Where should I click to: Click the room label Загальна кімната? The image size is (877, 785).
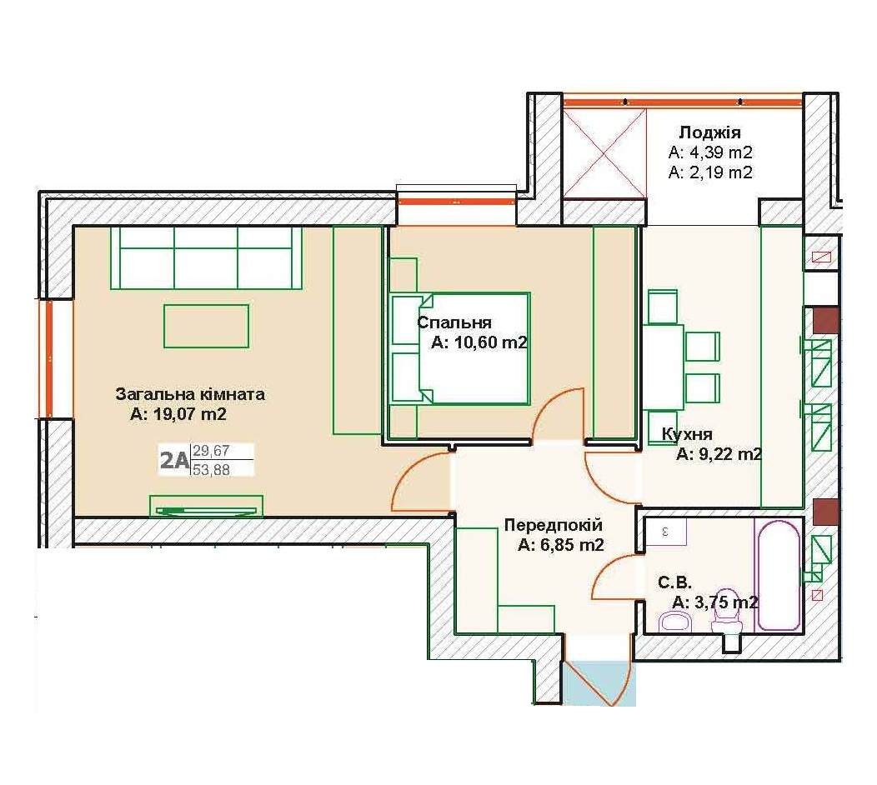pos(190,394)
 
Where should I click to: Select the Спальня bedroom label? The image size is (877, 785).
pos(454,322)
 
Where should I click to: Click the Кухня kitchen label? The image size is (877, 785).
pos(687,434)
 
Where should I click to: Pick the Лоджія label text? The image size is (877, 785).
pos(709,132)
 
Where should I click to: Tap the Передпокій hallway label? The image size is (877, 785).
pos(554,525)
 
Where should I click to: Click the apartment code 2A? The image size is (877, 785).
pos(174,460)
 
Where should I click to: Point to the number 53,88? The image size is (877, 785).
pos(212,470)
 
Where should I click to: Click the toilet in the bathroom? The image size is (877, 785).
pos(727,611)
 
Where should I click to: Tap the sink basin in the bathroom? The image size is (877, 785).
pos(676,621)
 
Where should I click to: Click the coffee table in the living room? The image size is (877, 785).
pos(207,326)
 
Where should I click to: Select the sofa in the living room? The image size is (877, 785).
pos(207,257)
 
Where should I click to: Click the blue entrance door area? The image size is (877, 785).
pos(599,683)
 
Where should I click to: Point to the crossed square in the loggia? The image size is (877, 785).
pos(604,153)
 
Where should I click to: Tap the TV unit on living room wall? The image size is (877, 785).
pos(207,506)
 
